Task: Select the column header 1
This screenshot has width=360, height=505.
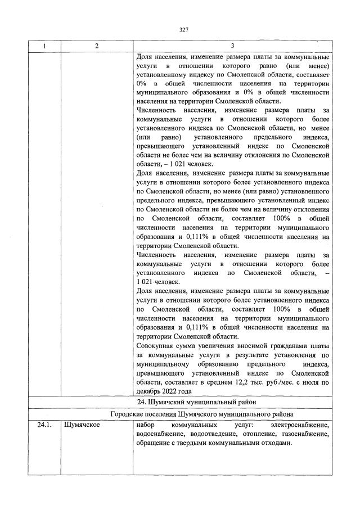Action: point(44,47)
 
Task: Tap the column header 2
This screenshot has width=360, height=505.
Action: point(96,47)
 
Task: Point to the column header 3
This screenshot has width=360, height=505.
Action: point(232,47)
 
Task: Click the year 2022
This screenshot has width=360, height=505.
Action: point(170,391)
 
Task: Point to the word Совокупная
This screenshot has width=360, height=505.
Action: point(155,346)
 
